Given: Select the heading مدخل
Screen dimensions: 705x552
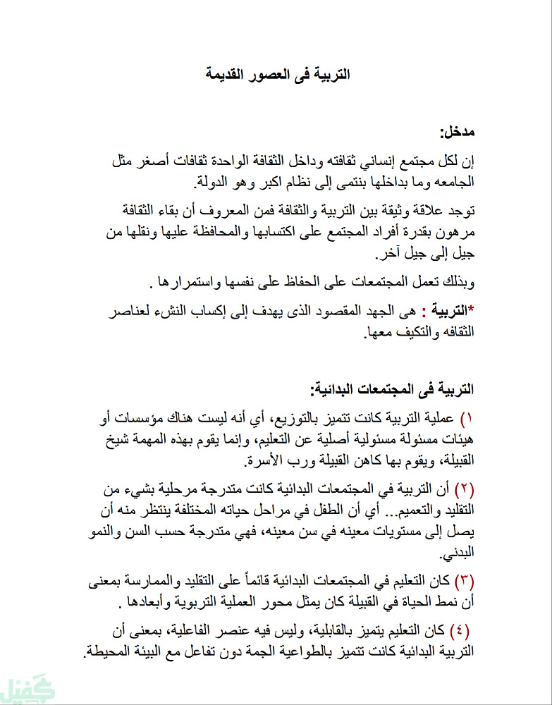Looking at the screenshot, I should point(458,132).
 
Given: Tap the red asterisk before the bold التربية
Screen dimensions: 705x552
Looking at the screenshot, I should point(471,308).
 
